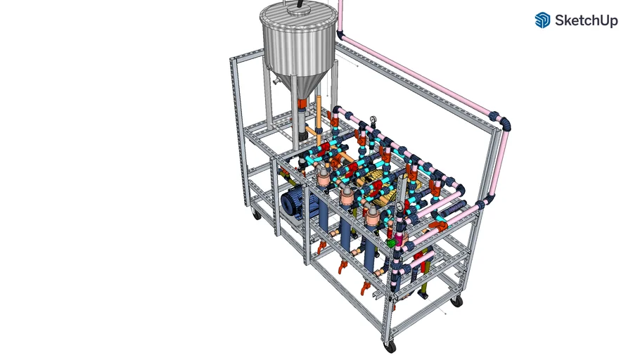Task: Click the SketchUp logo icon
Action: [542, 20]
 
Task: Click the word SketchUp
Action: [586, 20]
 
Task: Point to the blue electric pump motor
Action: [298, 202]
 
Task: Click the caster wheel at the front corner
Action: [390, 347]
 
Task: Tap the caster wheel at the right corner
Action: [458, 302]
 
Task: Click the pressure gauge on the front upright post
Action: [399, 207]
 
